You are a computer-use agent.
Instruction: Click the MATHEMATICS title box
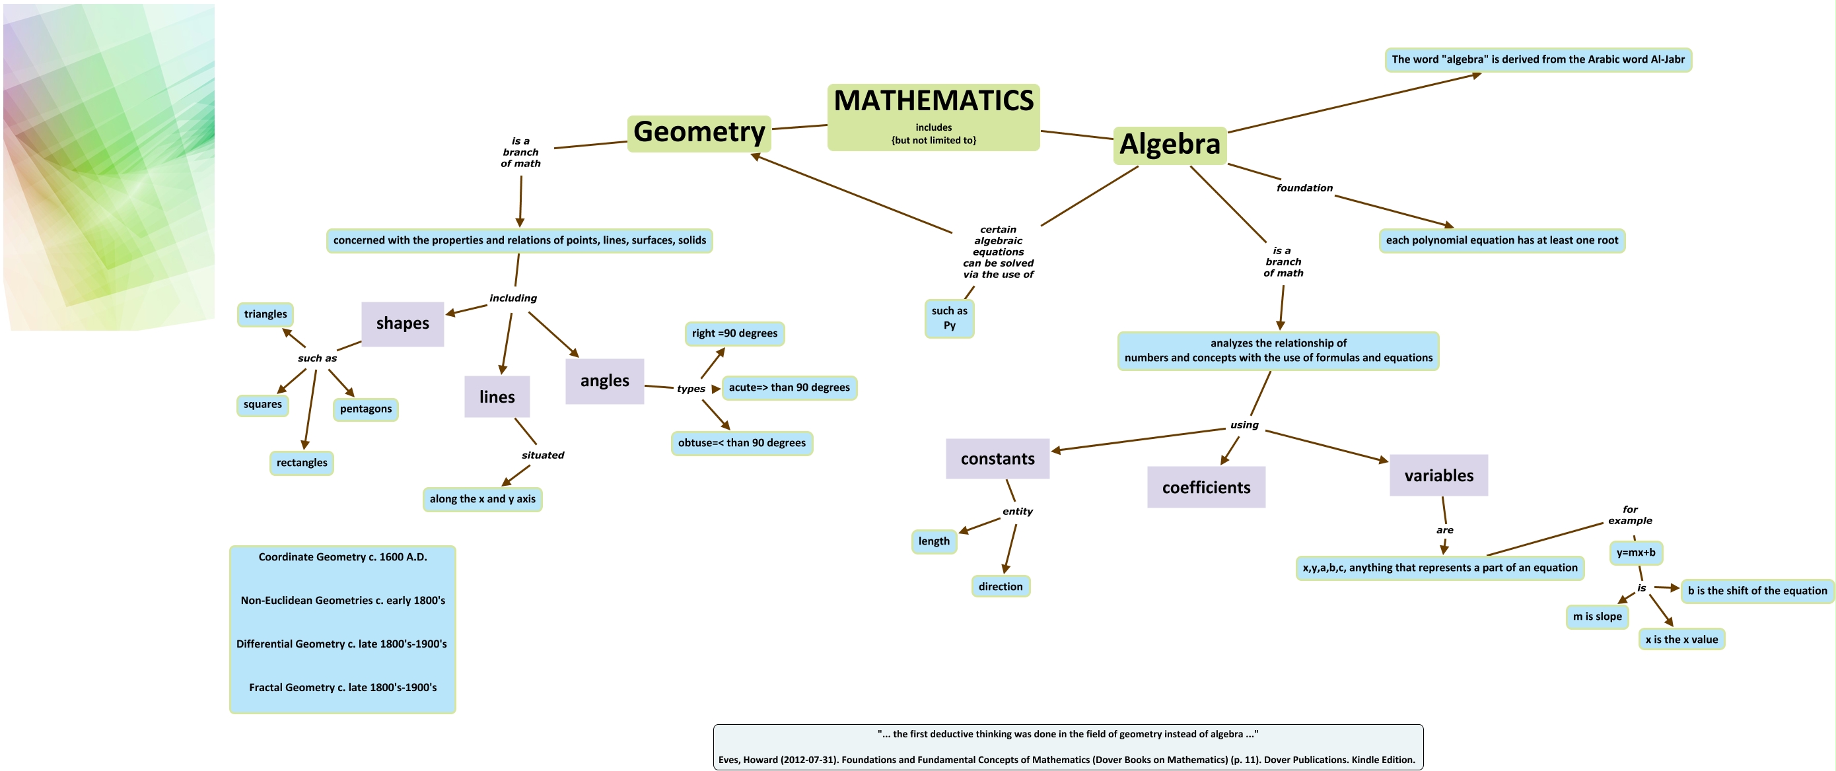[933, 116]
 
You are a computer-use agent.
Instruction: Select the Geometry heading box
[699, 133]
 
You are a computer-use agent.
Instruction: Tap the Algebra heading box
[1170, 145]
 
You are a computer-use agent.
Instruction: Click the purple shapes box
[403, 323]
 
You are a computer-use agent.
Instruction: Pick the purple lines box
[497, 397]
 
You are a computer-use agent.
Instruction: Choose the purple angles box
[604, 382]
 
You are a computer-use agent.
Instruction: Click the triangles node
[265, 314]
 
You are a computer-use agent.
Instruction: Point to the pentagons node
[366, 409]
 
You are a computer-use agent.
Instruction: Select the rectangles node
[301, 463]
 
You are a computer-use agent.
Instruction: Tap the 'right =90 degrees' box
[734, 333]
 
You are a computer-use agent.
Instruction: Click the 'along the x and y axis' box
[483, 500]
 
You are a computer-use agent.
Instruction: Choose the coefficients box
[1206, 487]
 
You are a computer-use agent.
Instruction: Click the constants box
[997, 459]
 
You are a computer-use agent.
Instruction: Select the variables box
[1438, 475]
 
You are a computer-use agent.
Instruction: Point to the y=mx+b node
[1636, 553]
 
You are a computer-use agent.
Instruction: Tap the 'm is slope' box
[1596, 617]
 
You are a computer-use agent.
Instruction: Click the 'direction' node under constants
[1000, 586]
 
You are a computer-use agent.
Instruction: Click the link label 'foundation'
[1304, 188]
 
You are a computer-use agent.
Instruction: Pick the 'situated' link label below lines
[542, 455]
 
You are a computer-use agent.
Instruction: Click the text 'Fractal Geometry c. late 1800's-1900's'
[343, 688]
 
